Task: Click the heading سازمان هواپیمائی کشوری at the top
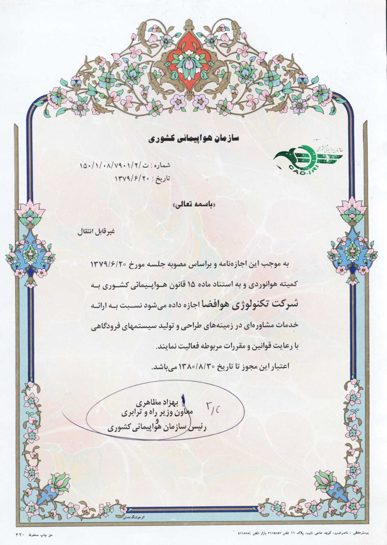coord(194,138)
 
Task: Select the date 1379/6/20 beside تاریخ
coord(133,178)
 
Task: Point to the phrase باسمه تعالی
coord(194,205)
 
